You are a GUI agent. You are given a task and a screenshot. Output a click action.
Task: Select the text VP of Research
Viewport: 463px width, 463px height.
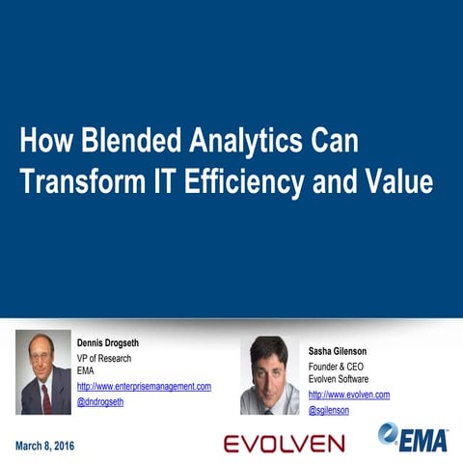pos(104,359)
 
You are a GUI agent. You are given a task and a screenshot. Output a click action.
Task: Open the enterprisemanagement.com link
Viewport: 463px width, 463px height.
pos(144,386)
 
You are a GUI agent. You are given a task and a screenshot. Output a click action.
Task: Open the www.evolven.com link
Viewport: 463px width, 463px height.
pos(348,395)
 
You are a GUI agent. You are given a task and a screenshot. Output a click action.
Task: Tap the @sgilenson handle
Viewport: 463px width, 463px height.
pos(329,410)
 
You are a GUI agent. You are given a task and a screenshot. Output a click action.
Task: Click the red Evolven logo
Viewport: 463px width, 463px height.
pos(284,444)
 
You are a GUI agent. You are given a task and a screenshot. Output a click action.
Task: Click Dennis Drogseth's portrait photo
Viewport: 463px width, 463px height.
pos(43,372)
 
